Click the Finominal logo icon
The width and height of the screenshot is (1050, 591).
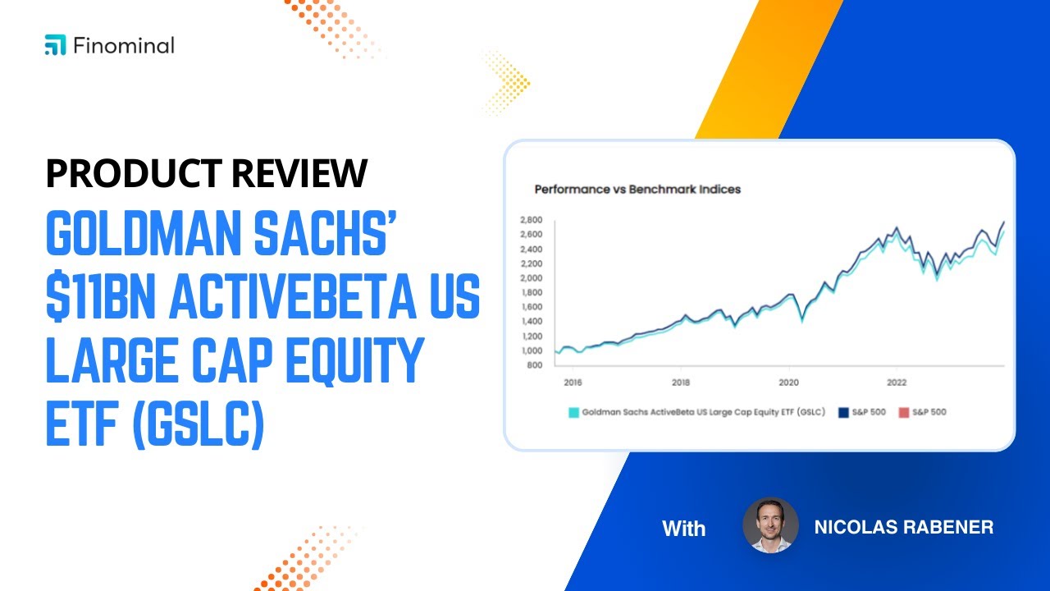(x=55, y=45)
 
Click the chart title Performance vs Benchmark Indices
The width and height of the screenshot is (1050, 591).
(x=637, y=190)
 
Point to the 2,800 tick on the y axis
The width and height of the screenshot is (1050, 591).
(x=532, y=220)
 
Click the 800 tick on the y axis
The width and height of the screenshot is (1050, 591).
(x=535, y=365)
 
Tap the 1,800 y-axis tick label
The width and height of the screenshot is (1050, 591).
(x=532, y=293)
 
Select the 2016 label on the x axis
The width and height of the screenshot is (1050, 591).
(x=573, y=382)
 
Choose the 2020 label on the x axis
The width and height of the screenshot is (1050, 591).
(x=788, y=382)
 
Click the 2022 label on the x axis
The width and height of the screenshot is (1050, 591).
(x=897, y=382)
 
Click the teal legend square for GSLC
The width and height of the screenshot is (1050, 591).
(x=573, y=412)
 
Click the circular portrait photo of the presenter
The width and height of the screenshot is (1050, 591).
(x=770, y=526)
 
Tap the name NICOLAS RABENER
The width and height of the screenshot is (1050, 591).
(x=903, y=527)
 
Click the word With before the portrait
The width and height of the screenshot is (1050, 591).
(x=683, y=529)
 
